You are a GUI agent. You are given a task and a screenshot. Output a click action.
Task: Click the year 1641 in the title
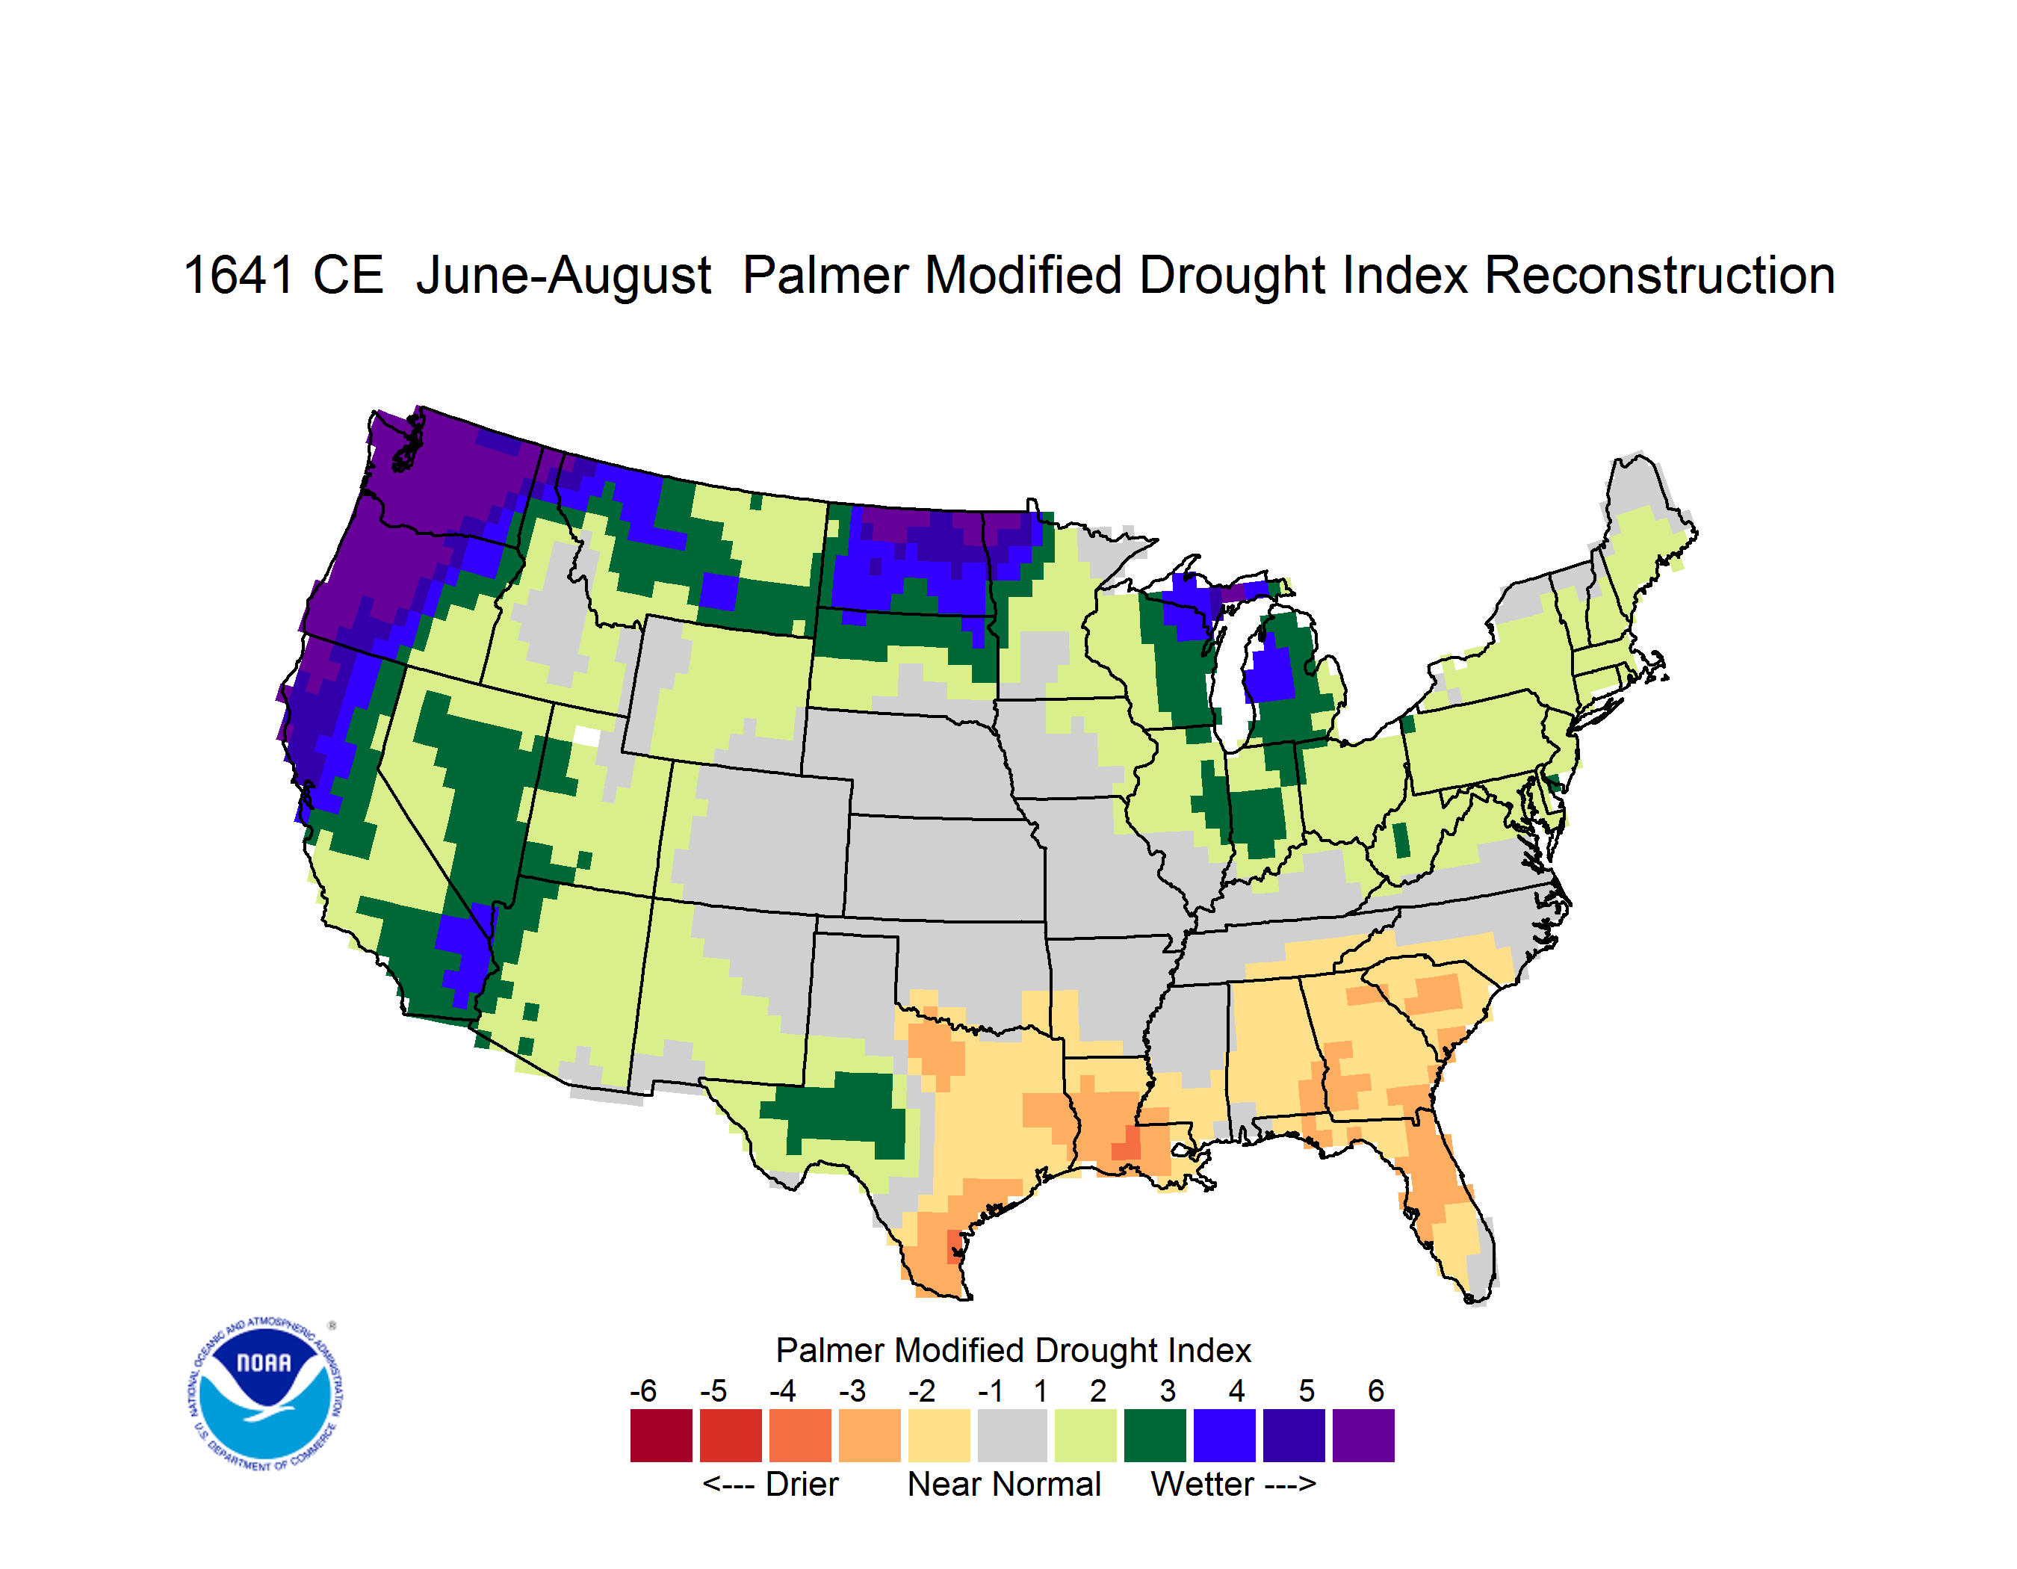pos(239,275)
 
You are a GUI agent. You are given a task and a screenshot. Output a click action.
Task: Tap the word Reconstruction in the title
pos(1660,275)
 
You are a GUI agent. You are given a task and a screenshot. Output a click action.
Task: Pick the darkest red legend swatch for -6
pos(661,1435)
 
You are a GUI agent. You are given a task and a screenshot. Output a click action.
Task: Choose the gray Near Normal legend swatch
pos(1012,1435)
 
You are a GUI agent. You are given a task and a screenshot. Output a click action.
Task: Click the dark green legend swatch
pos(1154,1435)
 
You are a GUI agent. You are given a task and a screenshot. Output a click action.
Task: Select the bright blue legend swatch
pos(1224,1435)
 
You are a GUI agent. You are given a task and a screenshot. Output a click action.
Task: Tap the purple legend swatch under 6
pos(1363,1435)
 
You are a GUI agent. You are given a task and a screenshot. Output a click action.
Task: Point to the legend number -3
pos(852,1390)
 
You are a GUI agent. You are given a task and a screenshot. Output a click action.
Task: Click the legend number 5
pos(1306,1390)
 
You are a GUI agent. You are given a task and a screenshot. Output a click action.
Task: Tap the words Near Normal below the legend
pos(1004,1484)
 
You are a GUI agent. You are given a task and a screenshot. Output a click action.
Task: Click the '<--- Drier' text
pos(770,1484)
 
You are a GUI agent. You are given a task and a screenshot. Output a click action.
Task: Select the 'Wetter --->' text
pos(1233,1484)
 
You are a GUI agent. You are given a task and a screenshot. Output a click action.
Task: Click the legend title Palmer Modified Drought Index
pos(1013,1350)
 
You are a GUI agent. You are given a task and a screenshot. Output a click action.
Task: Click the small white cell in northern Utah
pos(586,736)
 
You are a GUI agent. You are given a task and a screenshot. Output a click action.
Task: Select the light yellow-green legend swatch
pos(1085,1435)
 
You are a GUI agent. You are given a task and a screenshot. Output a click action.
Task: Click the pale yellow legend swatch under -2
pos(939,1435)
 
